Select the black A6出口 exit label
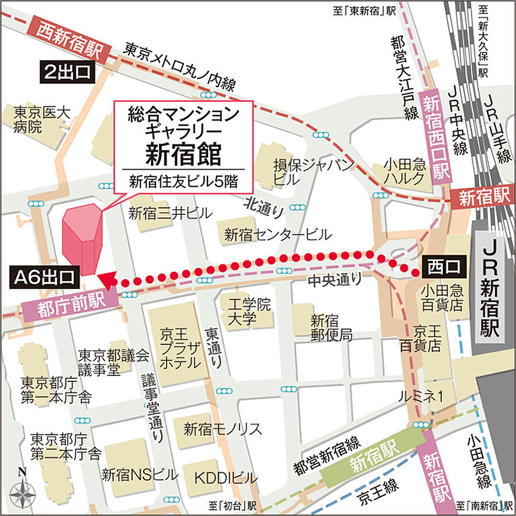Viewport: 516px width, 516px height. [x=44, y=278]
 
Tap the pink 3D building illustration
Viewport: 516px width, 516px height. [x=82, y=238]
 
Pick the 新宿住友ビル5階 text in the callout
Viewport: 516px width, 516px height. [x=183, y=184]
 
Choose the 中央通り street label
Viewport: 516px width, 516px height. [x=334, y=280]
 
